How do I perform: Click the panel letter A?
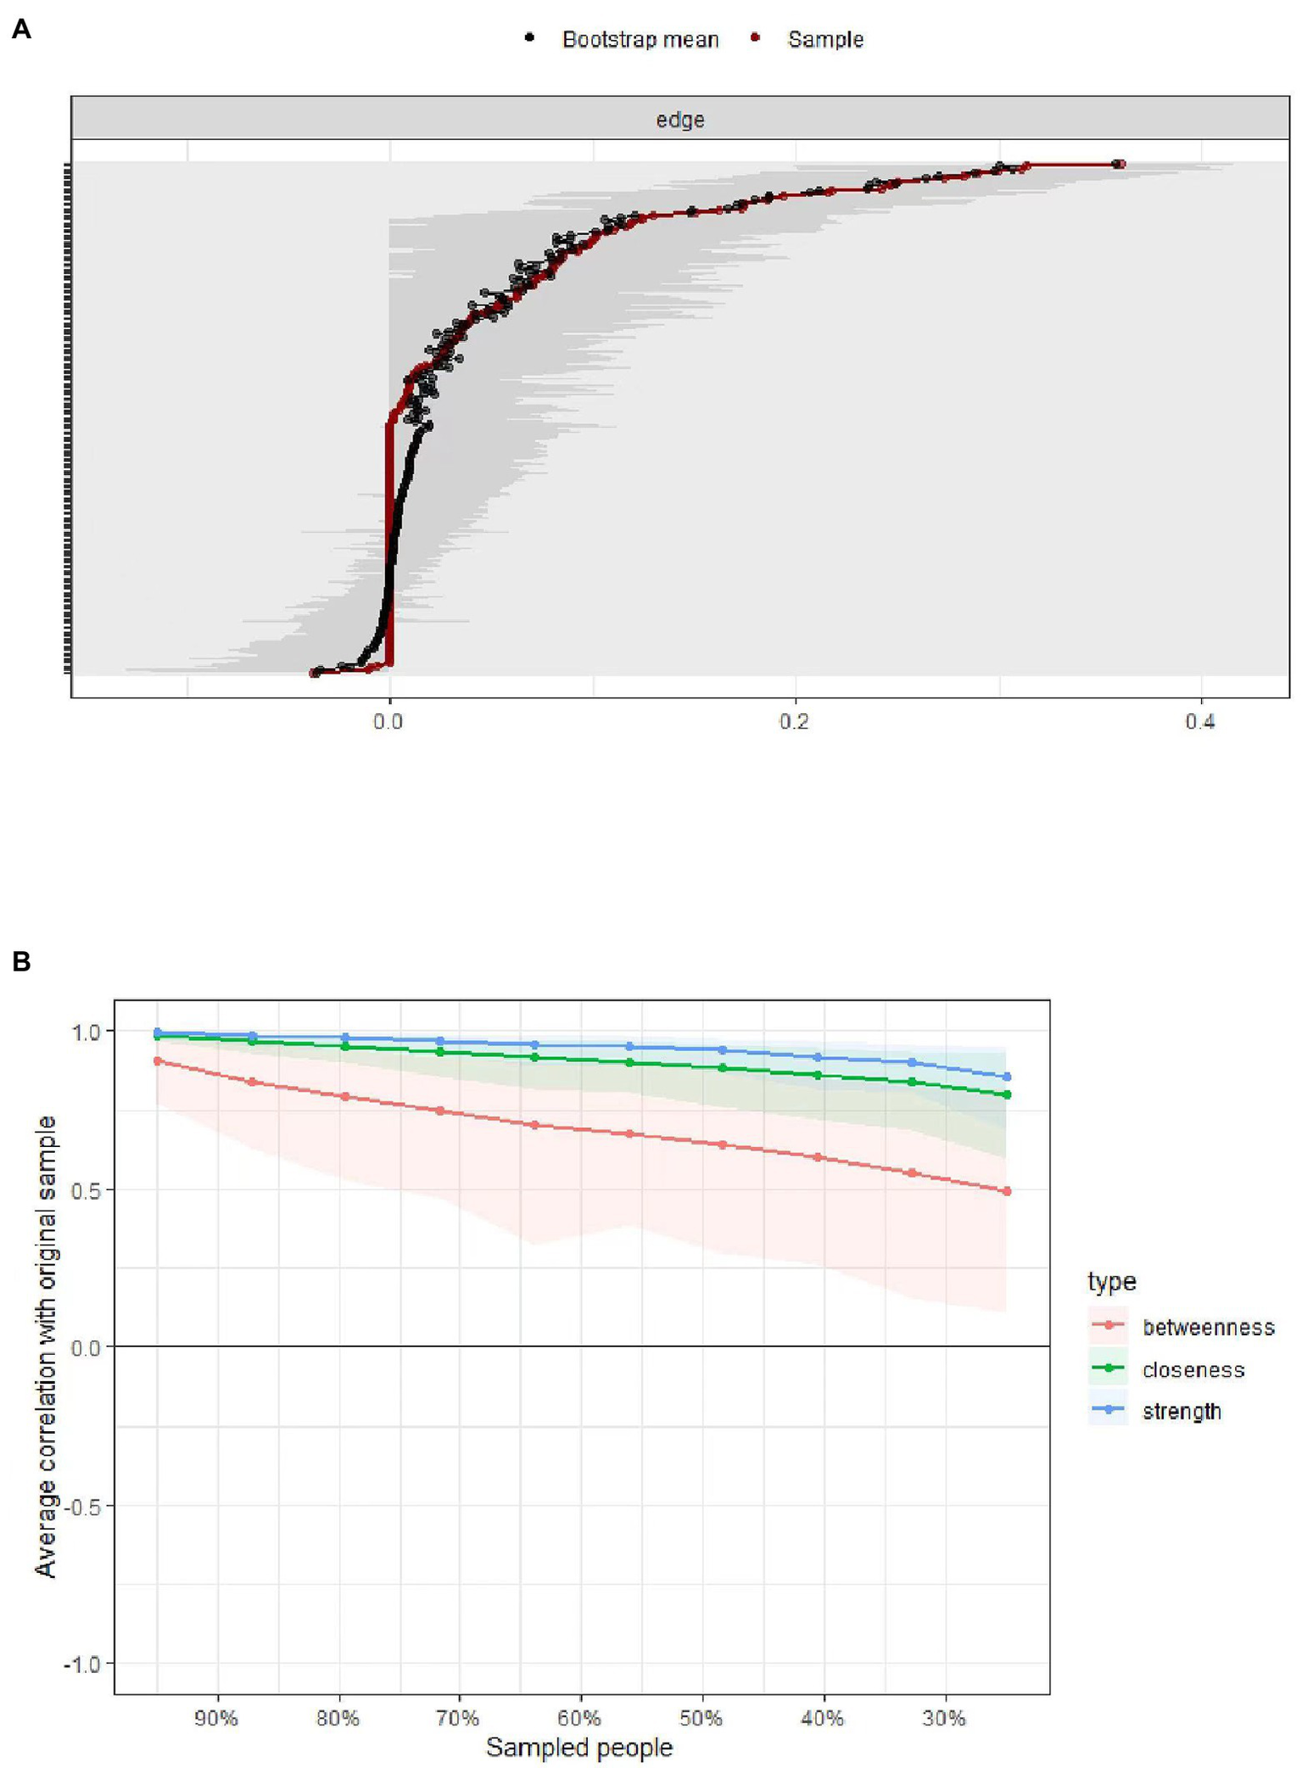(21, 30)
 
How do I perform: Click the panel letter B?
(21, 961)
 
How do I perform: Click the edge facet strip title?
(679, 120)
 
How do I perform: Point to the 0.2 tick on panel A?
(794, 722)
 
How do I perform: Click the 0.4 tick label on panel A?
(1199, 722)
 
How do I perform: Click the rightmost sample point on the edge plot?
(1120, 165)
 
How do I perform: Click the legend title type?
(1111, 1281)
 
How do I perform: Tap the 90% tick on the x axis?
(216, 1718)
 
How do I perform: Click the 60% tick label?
(580, 1718)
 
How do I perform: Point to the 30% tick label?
(944, 1718)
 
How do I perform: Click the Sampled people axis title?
(579, 1748)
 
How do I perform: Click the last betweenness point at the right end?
(1007, 1191)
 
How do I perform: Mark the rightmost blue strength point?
(1007, 1077)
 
